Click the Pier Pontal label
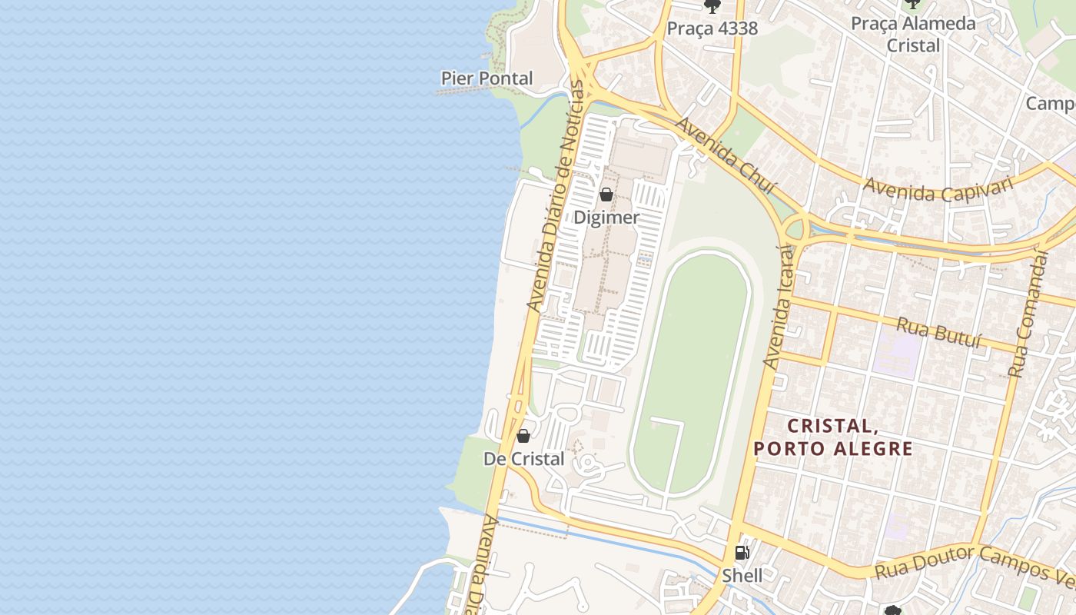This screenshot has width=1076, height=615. pyautogui.click(x=487, y=78)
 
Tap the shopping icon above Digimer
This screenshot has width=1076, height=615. pyautogui.click(x=606, y=194)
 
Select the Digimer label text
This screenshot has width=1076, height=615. pyautogui.click(x=606, y=218)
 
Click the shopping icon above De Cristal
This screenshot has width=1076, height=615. pyautogui.click(x=523, y=436)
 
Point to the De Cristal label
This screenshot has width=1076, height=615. pyautogui.click(x=523, y=459)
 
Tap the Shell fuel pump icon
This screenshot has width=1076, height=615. pyautogui.click(x=742, y=552)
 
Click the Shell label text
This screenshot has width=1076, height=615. pyautogui.click(x=742, y=575)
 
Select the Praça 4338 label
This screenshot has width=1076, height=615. pyautogui.click(x=712, y=29)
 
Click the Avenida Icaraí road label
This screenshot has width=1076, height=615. pyautogui.click(x=779, y=306)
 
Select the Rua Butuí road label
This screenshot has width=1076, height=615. pyautogui.click(x=939, y=333)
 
